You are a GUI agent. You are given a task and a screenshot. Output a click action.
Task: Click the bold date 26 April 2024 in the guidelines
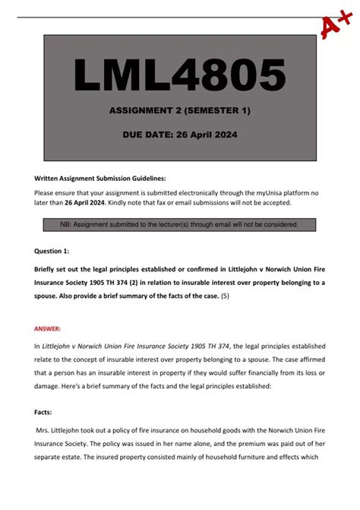[84, 203]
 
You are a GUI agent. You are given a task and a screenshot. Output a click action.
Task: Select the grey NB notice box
[180, 225]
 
